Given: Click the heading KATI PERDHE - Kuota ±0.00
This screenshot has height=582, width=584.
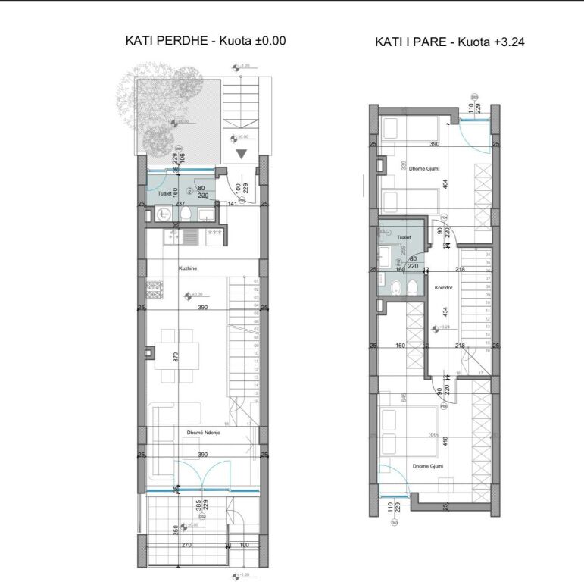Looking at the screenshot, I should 205,42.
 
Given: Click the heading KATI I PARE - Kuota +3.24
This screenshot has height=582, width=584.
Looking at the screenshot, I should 450,42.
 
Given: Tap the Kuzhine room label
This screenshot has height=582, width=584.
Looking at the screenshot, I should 189,268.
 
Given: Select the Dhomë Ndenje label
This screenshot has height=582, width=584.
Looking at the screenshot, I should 203,433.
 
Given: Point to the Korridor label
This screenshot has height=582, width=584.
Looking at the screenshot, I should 444,289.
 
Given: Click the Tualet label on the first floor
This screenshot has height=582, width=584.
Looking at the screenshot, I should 403,236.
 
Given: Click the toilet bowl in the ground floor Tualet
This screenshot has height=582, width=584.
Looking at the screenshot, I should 186,214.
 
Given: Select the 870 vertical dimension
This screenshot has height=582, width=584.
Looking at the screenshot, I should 176,357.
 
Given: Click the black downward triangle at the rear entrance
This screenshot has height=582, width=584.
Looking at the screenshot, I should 241,154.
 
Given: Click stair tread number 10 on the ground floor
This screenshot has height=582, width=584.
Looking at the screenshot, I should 257,353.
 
